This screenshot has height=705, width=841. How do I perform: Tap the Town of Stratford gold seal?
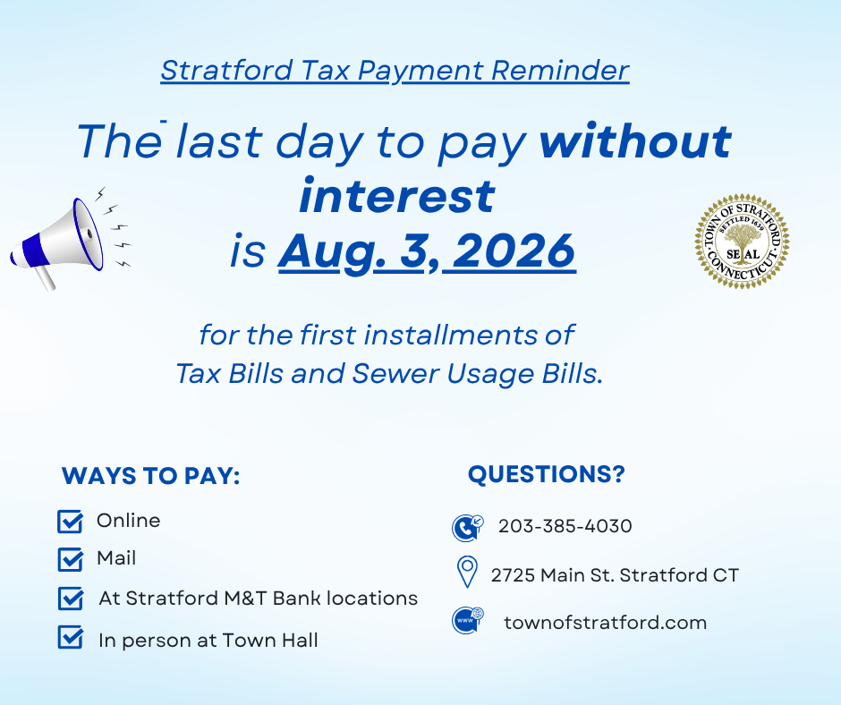pos(742,242)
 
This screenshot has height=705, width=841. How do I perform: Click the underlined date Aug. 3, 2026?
pos(427,251)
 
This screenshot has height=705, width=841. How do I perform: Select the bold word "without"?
pos(635,141)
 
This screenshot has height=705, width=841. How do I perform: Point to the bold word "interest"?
pos(397,196)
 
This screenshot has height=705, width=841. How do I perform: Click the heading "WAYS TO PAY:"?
pos(150,476)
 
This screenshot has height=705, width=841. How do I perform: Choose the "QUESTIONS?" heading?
pos(547,474)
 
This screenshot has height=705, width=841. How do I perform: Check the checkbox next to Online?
pos(71,522)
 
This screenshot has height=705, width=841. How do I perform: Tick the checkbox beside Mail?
pos(71,559)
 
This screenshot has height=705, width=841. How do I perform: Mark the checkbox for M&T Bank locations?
pos(71,599)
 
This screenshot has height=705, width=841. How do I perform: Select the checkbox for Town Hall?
pos(71,637)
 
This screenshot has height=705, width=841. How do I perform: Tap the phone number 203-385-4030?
pos(565,526)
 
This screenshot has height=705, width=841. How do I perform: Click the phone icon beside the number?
pos(468,528)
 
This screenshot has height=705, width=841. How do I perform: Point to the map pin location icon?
pos(467,572)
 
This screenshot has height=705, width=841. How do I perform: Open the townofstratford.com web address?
pos(606,623)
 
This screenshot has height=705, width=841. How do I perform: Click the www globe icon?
pos(468,620)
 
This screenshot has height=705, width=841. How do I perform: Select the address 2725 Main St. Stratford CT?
pos(616,575)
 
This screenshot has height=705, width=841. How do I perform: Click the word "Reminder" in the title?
pos(560,71)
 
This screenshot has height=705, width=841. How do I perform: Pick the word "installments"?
pos(451,336)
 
